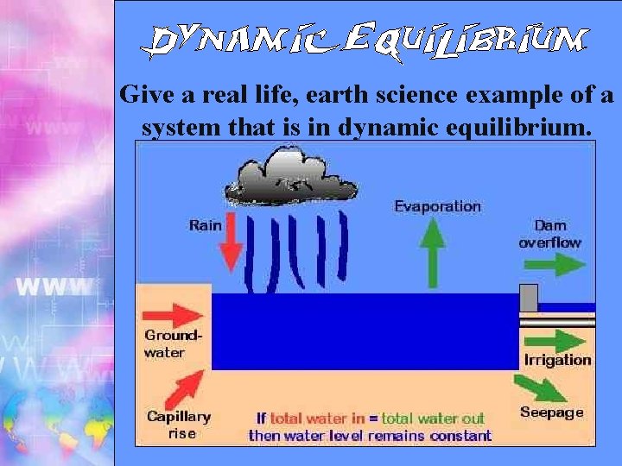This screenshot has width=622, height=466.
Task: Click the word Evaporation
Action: tap(437, 206)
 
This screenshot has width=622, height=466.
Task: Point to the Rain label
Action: tap(206, 225)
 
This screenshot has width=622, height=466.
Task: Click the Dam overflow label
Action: tap(550, 234)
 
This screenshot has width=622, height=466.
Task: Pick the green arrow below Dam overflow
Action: tap(552, 264)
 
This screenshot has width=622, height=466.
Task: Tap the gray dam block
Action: tap(529, 297)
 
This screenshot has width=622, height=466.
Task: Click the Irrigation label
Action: tap(557, 360)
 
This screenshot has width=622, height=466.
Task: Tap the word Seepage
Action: tap(552, 412)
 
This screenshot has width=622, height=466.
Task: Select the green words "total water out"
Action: tap(433, 419)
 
